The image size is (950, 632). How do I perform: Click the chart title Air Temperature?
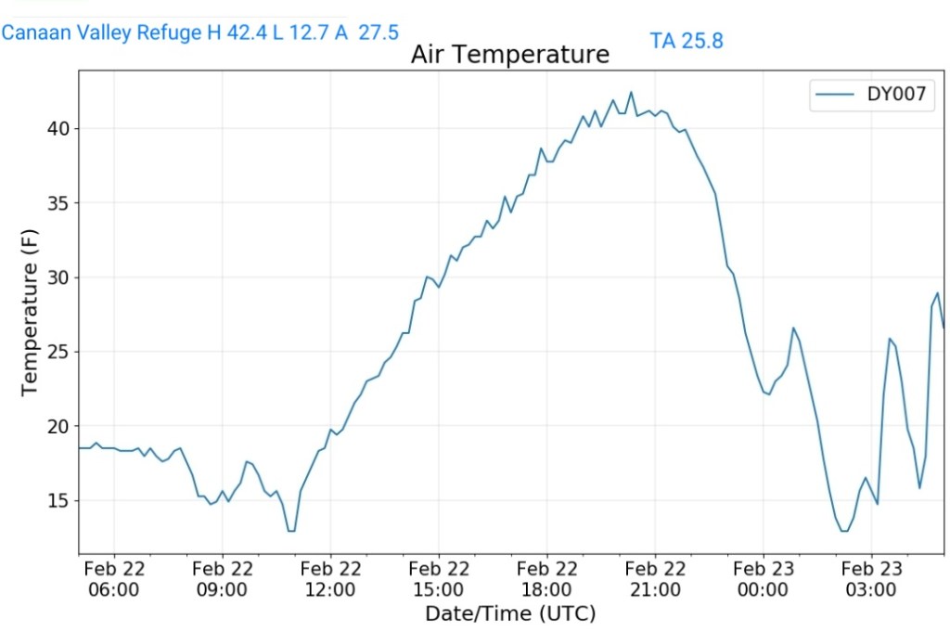coord(510,55)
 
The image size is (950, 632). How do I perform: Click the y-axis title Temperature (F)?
coord(30,312)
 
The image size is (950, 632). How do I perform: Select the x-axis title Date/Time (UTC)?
coord(510,613)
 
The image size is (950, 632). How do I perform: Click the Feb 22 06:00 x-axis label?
coord(114,579)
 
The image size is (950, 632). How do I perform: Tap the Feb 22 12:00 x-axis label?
coord(330,579)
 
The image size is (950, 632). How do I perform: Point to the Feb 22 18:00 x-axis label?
coord(546,579)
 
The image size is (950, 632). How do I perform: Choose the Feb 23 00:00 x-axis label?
coord(763,579)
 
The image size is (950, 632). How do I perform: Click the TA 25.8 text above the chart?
coord(687,41)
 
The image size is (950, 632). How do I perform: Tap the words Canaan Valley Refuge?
coord(102,33)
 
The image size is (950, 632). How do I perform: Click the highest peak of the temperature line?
coord(631,92)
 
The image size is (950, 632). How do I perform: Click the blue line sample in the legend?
coord(834,94)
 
